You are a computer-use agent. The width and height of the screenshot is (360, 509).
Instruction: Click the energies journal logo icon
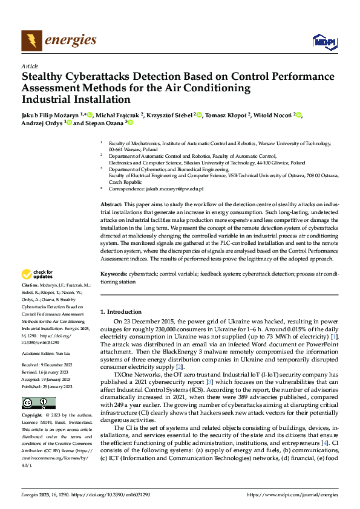pyautogui.click(x=31, y=41)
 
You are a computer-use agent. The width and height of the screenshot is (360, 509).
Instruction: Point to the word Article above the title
pyautogui.click(x=30, y=65)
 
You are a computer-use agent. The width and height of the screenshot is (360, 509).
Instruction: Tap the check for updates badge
pyautogui.click(x=38, y=275)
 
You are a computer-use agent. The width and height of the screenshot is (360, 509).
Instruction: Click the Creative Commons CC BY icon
pyautogui.click(x=34, y=403)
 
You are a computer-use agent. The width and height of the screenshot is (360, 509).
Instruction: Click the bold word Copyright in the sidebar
pyautogui.click(x=33, y=417)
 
